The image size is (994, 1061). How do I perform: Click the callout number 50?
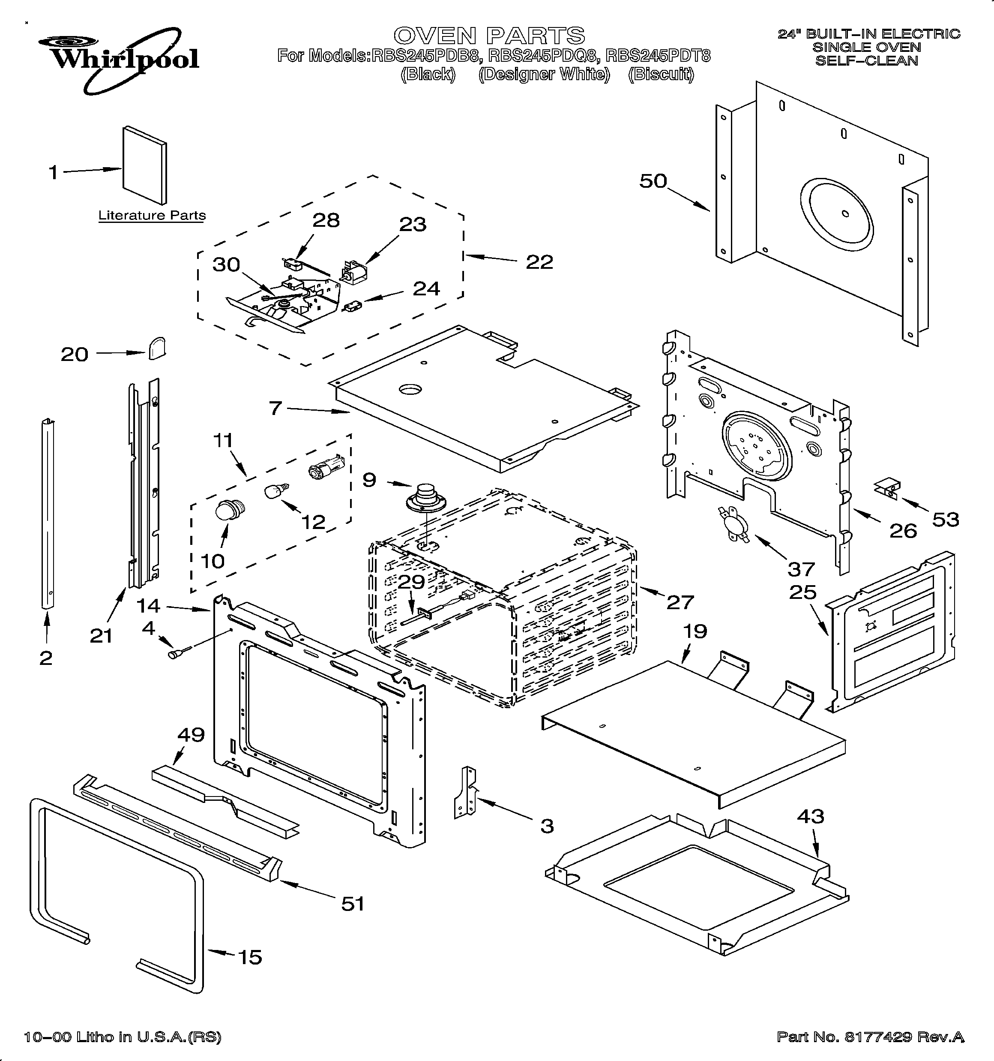pos(653,181)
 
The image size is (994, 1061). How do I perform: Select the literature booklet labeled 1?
pos(144,165)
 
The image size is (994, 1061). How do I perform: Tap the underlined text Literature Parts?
pos(152,215)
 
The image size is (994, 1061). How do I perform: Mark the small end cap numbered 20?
pos(156,349)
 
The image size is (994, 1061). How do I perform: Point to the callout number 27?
pos(680,601)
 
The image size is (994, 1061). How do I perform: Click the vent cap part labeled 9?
pos(425,497)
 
